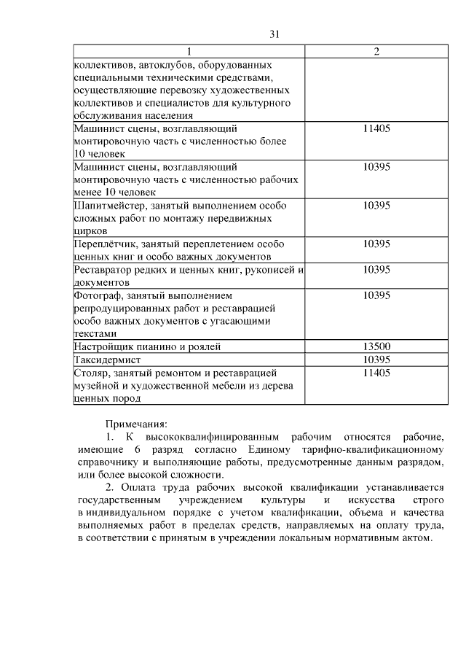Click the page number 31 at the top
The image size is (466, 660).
[x=275, y=34]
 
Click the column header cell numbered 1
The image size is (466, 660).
[x=189, y=52]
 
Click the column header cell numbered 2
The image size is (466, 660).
[x=376, y=52]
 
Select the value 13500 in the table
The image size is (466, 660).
[x=376, y=346]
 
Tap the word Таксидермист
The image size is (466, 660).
[x=108, y=360]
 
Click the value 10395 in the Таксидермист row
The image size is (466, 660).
[x=376, y=360]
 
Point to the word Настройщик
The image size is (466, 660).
[x=102, y=346]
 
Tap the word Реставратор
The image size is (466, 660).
[x=103, y=270]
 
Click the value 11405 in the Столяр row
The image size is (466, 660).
[x=376, y=373]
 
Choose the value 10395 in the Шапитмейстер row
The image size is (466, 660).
[x=376, y=206]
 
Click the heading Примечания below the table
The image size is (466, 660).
[x=136, y=424]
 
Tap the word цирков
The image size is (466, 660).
[x=91, y=231]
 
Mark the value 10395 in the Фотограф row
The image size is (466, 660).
[x=376, y=295]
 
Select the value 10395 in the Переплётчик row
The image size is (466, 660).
[x=376, y=244]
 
